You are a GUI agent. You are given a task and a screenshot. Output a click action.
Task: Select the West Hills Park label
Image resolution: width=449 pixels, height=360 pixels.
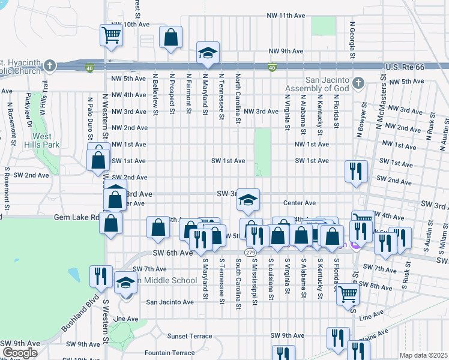(x=42, y=140)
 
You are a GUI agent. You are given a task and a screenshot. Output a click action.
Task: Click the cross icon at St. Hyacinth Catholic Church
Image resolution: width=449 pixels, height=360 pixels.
(x=50, y=65)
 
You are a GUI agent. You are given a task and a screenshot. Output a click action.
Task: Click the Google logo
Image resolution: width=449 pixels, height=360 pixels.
(x=20, y=353)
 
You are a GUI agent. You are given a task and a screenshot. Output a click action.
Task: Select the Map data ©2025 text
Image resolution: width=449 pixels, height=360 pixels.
(x=423, y=355)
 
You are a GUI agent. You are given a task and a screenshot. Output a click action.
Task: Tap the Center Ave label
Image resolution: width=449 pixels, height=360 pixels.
(x=304, y=203)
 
